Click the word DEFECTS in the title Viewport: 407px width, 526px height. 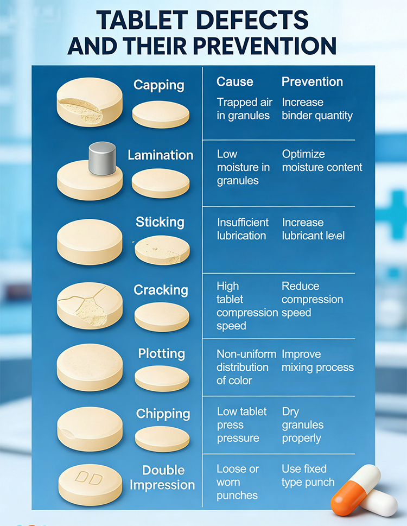[x=252, y=20]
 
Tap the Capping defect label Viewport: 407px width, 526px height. [x=159, y=85]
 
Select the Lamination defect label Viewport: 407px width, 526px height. [x=161, y=155]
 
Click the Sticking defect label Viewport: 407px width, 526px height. [x=160, y=222]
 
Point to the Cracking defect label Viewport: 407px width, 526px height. [x=161, y=290]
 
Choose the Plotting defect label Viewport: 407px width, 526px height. [x=162, y=353]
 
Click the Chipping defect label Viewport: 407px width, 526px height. [x=163, y=414]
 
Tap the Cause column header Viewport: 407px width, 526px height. [x=234, y=81]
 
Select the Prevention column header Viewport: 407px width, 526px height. [x=312, y=81]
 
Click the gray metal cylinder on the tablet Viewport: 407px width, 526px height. [x=102, y=159]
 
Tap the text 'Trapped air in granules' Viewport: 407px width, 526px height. [x=244, y=109]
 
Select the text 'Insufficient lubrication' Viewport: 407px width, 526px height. [x=243, y=229]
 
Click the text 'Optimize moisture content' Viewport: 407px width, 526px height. [x=322, y=161]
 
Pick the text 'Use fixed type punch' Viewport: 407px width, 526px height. [x=308, y=476]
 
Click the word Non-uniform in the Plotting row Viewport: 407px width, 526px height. [x=246, y=354]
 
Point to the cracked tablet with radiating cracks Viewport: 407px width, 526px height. [x=90, y=306]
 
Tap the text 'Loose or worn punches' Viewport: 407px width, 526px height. [x=238, y=482]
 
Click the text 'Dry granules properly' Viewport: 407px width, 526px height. [x=303, y=425]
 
